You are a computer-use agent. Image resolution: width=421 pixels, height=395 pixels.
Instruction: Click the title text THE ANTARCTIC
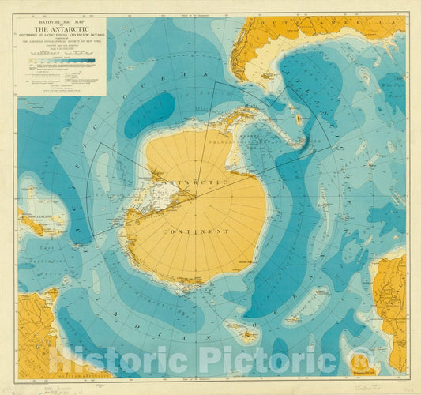61,28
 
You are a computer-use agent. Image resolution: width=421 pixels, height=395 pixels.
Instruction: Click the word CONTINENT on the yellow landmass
195,231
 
